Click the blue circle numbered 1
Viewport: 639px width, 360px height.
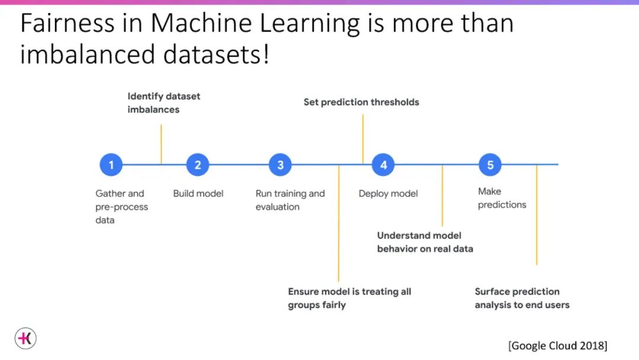[x=111, y=165]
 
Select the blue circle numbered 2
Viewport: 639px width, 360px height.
[x=198, y=165]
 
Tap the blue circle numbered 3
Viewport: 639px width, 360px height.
[x=280, y=165]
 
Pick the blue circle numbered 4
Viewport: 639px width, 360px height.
[x=383, y=165]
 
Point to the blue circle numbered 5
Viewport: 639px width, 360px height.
[x=490, y=165]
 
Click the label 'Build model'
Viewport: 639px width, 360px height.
[x=198, y=194]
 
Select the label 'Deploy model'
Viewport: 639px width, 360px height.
[x=388, y=194]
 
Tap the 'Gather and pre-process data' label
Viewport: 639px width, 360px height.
[x=121, y=207]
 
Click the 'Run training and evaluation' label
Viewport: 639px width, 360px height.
[x=290, y=200]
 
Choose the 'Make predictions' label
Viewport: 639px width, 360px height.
[x=502, y=198]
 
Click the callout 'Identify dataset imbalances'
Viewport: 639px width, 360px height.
[x=164, y=102]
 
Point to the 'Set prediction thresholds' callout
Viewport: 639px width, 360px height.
[x=361, y=102]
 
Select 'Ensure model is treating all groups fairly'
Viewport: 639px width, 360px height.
[x=349, y=298]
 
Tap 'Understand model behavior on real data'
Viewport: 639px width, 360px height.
[x=425, y=242]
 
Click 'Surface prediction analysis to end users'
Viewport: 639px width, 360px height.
[x=522, y=298]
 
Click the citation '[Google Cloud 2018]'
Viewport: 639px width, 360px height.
[x=557, y=345]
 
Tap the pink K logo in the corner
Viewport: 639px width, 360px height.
[x=25, y=338]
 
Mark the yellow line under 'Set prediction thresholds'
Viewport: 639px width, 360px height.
[x=363, y=139]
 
